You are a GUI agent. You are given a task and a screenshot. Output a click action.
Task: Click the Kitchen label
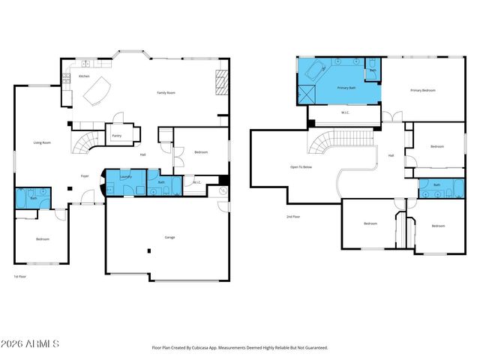coord(84,76)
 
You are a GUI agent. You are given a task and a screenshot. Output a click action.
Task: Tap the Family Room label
coord(166,92)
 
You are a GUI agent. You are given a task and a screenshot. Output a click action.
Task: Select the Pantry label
coord(117,136)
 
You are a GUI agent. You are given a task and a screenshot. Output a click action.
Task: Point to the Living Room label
coord(41,142)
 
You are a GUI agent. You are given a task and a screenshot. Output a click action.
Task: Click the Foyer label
coord(85,175)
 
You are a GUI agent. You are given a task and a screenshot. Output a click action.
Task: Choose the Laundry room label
coord(125,176)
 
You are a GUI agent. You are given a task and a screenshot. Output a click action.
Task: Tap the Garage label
coord(170,237)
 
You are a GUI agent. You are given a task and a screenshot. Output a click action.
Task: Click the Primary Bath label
coord(346,88)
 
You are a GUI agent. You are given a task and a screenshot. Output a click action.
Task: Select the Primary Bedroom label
coord(422,90)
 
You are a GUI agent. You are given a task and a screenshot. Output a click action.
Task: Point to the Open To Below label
coord(302,166)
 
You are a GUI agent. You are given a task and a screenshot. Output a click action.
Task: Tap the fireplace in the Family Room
coord(221,80)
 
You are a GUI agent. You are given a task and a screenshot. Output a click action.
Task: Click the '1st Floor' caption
coord(20,277)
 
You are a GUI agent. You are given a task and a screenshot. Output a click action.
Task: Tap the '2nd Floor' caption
coord(294,217)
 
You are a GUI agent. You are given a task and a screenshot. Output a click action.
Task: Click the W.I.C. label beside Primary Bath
coord(345,113)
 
